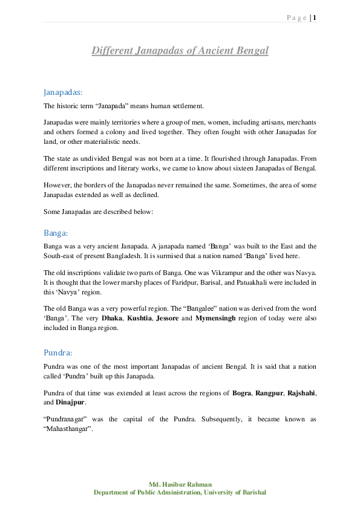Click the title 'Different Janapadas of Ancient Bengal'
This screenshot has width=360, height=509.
point(180,51)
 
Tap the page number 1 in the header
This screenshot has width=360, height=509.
point(315,18)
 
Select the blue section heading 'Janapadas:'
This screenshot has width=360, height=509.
point(63,92)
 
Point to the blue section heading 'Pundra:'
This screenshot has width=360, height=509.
point(57,352)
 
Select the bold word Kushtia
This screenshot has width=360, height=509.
point(140,317)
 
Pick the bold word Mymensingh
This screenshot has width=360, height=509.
point(217,317)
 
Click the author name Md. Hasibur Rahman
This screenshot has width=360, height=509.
point(180,484)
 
